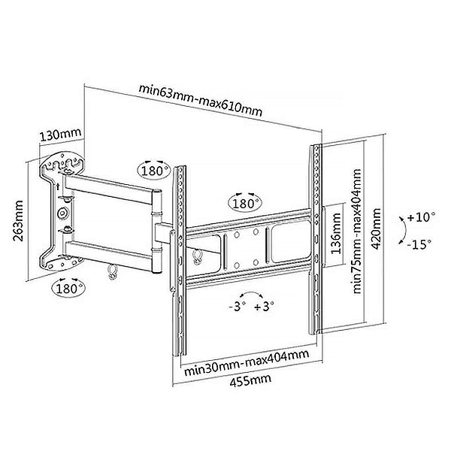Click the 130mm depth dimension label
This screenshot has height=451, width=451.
click(x=60, y=135)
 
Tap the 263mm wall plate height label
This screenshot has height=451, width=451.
click(x=17, y=219)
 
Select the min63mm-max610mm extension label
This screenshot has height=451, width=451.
click(x=201, y=98)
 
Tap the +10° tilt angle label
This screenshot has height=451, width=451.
click(x=422, y=216)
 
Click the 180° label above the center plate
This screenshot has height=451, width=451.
click(x=246, y=203)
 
